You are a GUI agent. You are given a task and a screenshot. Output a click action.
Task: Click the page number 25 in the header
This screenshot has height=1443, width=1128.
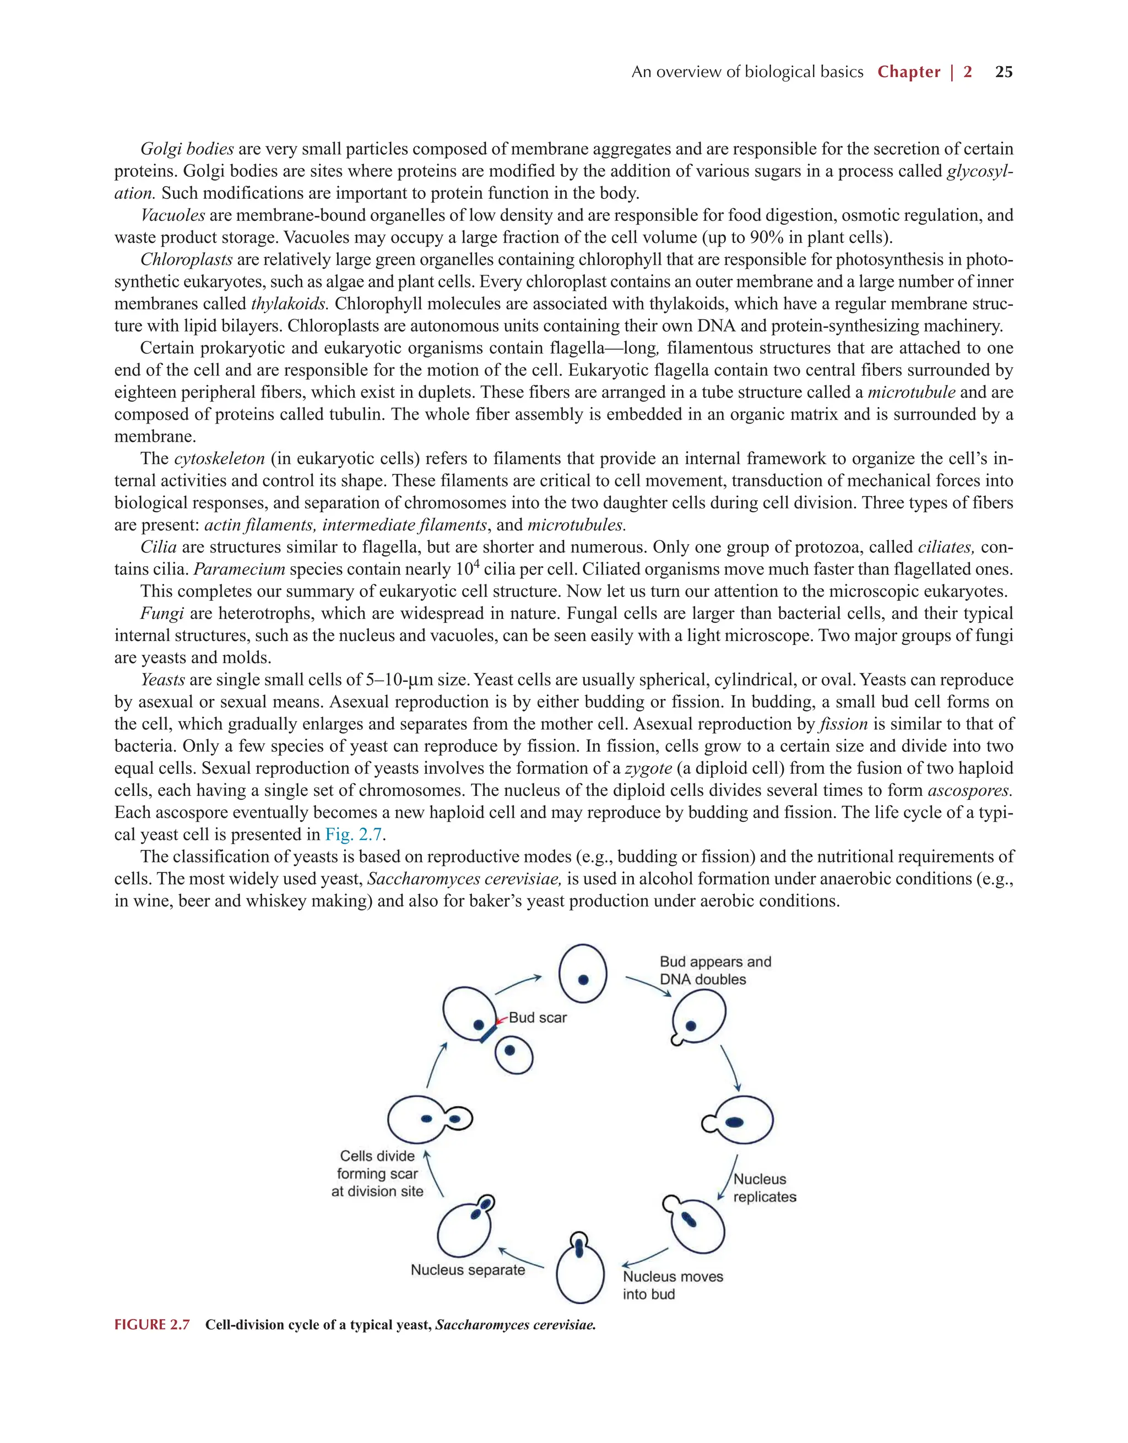point(1003,72)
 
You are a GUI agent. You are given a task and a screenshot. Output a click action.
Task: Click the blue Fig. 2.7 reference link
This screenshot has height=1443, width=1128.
point(353,834)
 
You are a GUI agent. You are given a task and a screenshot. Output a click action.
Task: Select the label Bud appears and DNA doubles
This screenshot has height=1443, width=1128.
point(715,970)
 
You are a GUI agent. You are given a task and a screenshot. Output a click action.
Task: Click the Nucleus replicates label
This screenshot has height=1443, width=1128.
point(764,1188)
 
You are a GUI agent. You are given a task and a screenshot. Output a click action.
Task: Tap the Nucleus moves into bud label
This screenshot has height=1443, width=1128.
point(672,1285)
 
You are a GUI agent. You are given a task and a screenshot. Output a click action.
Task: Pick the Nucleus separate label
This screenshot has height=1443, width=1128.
point(468,1270)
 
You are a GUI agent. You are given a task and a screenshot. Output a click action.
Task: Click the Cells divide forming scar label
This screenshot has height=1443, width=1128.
point(377,1174)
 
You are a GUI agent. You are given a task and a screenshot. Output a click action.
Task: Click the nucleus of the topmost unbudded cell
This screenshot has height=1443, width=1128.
point(583,980)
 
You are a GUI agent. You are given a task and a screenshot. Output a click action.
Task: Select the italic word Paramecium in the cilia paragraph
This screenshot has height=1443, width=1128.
point(239,569)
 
